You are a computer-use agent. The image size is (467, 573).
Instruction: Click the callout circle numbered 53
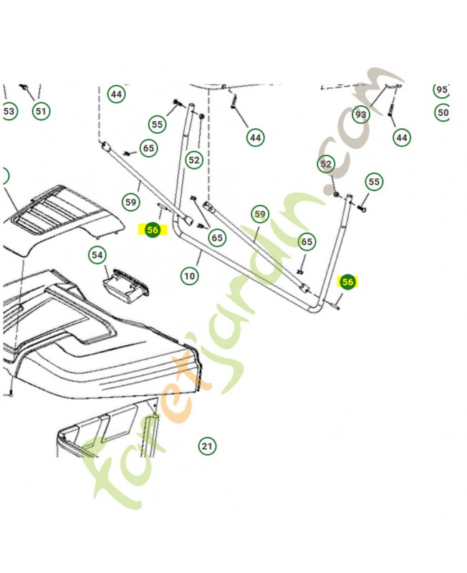pyautogui.click(x=9, y=112)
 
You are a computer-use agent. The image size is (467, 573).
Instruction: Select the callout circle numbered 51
pyautogui.click(x=40, y=111)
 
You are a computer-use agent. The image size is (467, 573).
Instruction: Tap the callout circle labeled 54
pyautogui.click(x=97, y=255)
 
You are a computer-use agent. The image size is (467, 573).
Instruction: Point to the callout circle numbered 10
pyautogui.click(x=189, y=276)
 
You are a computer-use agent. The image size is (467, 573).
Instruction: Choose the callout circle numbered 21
pyautogui.click(x=206, y=446)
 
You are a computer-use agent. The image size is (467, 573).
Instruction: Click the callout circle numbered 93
pyautogui.click(x=360, y=115)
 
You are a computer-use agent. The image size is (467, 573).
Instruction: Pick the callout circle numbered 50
pyautogui.click(x=442, y=112)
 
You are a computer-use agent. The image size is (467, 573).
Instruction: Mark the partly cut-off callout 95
pyautogui.click(x=441, y=90)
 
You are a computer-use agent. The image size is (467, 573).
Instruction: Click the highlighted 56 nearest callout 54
pyautogui.click(x=152, y=230)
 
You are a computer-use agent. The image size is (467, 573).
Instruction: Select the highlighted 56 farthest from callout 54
pyautogui.click(x=347, y=282)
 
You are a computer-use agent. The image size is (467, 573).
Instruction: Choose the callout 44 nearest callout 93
pyautogui.click(x=401, y=137)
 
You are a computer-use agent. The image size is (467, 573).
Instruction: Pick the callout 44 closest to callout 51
pyautogui.click(x=116, y=94)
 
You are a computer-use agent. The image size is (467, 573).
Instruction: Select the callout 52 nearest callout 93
pyautogui.click(x=327, y=164)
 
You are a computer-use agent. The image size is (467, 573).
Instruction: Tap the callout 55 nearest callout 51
pyautogui.click(x=158, y=125)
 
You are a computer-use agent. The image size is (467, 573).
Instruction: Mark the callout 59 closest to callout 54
pyautogui.click(x=130, y=202)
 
